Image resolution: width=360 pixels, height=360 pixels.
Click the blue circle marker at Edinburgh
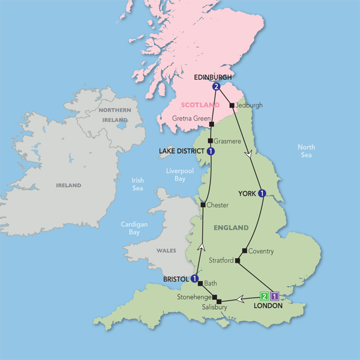point(216,87)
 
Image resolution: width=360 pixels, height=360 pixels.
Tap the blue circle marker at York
point(262,193)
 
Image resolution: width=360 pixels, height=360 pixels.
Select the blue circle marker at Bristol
point(194,278)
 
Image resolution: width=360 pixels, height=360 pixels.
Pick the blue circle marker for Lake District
point(211,151)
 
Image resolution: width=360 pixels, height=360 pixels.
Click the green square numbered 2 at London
point(263,295)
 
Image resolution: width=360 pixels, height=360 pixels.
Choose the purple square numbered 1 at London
point(274,295)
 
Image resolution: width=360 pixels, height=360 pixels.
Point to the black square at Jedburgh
point(232,106)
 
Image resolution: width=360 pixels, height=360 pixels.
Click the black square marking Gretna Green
point(212,124)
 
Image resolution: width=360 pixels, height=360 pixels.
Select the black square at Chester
point(203,205)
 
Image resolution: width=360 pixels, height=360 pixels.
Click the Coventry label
point(261,251)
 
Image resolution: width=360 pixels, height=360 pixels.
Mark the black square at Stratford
point(238,261)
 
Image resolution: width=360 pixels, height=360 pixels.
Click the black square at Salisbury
point(219,301)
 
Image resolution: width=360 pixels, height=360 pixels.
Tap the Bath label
point(210,283)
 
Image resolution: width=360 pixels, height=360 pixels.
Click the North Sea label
point(307,151)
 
